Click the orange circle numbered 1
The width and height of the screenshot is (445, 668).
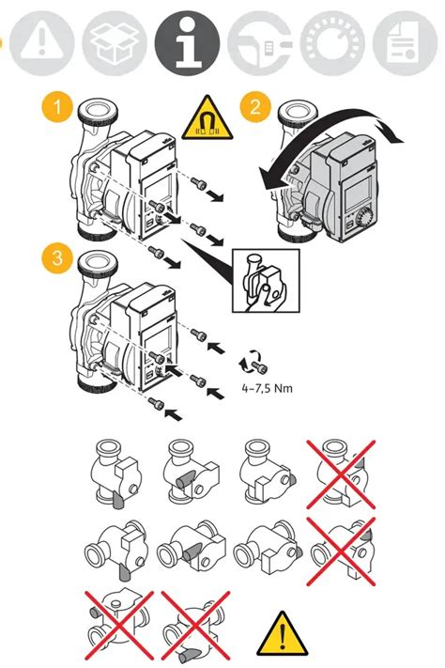[57, 106]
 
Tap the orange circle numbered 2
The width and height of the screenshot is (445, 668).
[255, 106]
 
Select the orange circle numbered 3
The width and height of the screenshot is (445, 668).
[57, 257]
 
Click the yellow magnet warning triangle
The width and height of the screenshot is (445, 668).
[207, 118]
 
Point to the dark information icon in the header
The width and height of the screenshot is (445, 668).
[188, 43]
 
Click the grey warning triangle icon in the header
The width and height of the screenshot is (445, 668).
[41, 43]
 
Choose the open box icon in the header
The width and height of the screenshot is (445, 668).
[115, 43]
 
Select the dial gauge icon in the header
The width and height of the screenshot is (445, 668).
[332, 43]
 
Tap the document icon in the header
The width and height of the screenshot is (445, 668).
[405, 43]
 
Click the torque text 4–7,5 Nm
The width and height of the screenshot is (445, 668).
[267, 388]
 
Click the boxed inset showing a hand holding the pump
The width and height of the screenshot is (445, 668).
[266, 281]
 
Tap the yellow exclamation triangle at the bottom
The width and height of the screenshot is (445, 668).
[282, 633]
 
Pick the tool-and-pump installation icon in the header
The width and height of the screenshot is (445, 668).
[260, 43]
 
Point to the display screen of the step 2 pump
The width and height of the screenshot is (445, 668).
[357, 191]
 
